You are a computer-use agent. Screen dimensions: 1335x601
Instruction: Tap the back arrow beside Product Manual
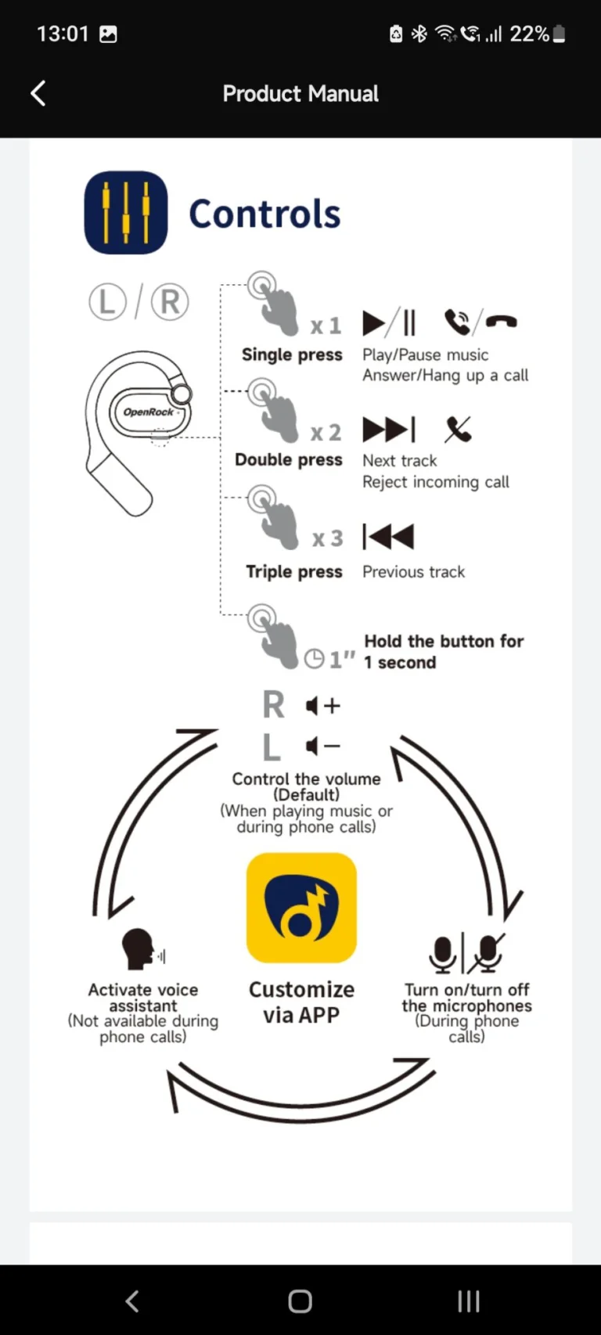coord(38,93)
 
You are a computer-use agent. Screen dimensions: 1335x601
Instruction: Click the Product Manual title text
coord(300,94)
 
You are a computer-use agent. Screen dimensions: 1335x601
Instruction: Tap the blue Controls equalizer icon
coord(126,213)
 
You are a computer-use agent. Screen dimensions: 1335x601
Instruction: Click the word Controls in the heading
coord(265,214)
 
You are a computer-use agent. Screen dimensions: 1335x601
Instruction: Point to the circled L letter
coord(108,302)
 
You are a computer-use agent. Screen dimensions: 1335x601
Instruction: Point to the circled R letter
coord(169,302)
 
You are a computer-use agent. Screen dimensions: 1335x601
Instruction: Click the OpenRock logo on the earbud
coord(149,412)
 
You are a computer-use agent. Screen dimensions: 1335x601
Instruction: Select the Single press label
coord(292,354)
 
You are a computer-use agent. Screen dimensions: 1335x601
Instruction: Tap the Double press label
coord(289,460)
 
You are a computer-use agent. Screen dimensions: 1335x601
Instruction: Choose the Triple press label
coord(294,572)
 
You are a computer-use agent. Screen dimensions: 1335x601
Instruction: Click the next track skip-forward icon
coord(389,430)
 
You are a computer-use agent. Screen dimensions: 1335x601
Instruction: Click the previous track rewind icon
coord(388,537)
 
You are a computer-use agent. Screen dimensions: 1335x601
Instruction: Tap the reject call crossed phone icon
coord(459,430)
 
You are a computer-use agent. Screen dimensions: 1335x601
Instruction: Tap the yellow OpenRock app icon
coord(301,908)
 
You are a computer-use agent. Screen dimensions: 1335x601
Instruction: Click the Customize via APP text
coord(301,1002)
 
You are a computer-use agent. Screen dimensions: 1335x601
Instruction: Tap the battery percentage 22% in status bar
coord(530,34)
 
